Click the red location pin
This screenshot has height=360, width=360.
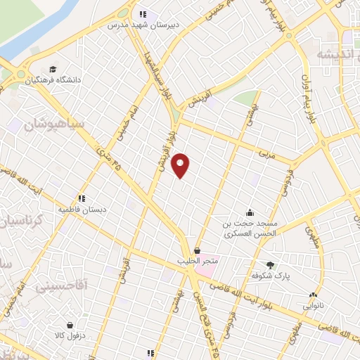pos(181,165)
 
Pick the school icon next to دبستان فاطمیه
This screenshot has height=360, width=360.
pos(82,198)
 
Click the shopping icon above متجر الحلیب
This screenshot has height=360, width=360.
pos(197,250)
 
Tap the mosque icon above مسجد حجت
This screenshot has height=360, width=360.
pos(249,212)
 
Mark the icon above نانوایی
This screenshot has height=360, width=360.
pos(314,295)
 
